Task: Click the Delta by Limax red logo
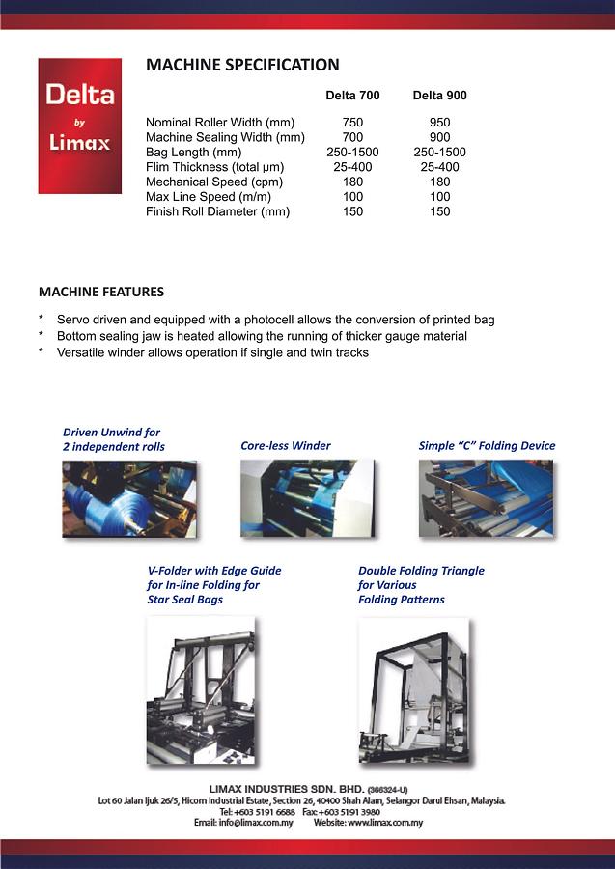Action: coord(79,126)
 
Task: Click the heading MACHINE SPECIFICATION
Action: coord(242,66)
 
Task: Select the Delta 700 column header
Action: coord(352,96)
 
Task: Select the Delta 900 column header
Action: coord(439,96)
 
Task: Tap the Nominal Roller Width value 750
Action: coord(352,123)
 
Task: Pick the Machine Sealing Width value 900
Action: coord(439,138)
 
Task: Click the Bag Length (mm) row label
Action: coord(193,153)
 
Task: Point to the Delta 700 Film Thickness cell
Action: coord(352,167)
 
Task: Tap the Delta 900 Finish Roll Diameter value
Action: coord(439,211)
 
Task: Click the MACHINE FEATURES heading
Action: coord(101,292)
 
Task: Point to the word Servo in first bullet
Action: coord(73,320)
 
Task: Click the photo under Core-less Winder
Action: coord(306,498)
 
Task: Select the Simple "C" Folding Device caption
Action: coord(487,446)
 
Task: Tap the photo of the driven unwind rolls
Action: coord(129,498)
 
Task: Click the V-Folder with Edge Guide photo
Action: coord(201,690)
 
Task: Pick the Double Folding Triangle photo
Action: coord(413,690)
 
